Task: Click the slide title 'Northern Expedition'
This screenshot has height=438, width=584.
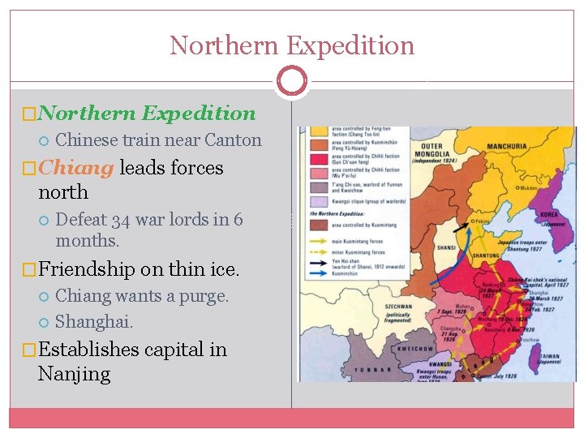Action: coord(292,45)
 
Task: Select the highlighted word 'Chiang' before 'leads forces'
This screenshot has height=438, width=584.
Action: coord(75,168)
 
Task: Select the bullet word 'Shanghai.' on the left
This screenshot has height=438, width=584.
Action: coord(94,322)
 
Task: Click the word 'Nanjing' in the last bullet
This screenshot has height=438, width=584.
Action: coord(74,374)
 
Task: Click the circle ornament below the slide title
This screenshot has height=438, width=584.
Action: coord(292,80)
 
